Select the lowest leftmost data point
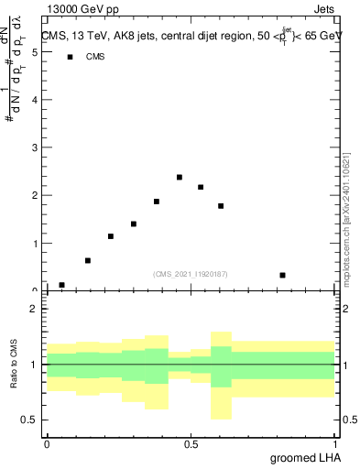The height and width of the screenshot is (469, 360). (x=61, y=285)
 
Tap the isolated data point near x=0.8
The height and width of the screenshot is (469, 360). (x=283, y=275)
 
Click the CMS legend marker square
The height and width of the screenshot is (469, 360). (x=70, y=57)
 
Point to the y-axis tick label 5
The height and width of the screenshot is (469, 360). (x=34, y=52)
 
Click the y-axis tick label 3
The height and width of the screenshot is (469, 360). (x=34, y=147)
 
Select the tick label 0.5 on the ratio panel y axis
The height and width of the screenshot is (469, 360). (x=29, y=420)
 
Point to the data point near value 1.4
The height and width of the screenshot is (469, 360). (x=134, y=224)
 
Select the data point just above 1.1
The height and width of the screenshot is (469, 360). (x=111, y=236)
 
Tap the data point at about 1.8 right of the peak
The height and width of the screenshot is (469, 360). (x=221, y=206)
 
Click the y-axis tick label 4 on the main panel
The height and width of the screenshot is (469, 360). (x=34, y=100)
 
